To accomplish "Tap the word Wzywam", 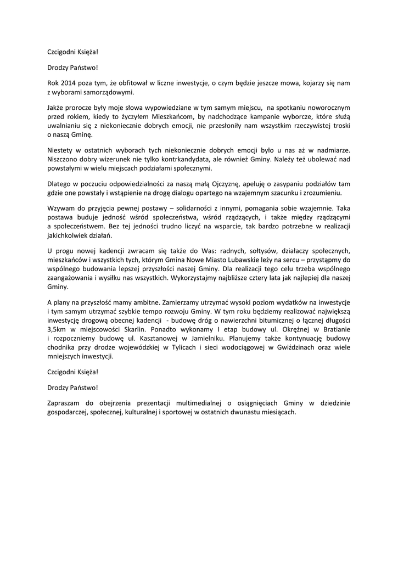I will pos(60,209).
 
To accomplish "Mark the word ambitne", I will pos(145,302).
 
